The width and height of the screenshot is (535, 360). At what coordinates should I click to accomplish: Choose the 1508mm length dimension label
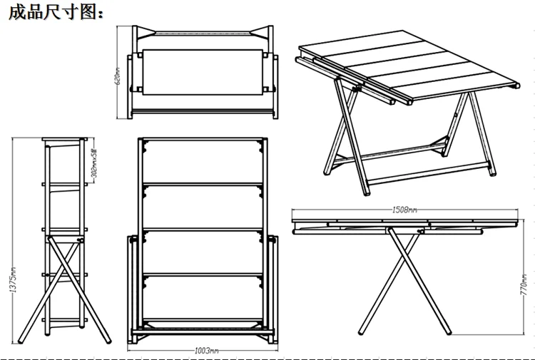(x=404, y=210)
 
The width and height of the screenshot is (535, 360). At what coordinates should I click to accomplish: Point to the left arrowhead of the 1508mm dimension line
(x=296, y=210)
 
